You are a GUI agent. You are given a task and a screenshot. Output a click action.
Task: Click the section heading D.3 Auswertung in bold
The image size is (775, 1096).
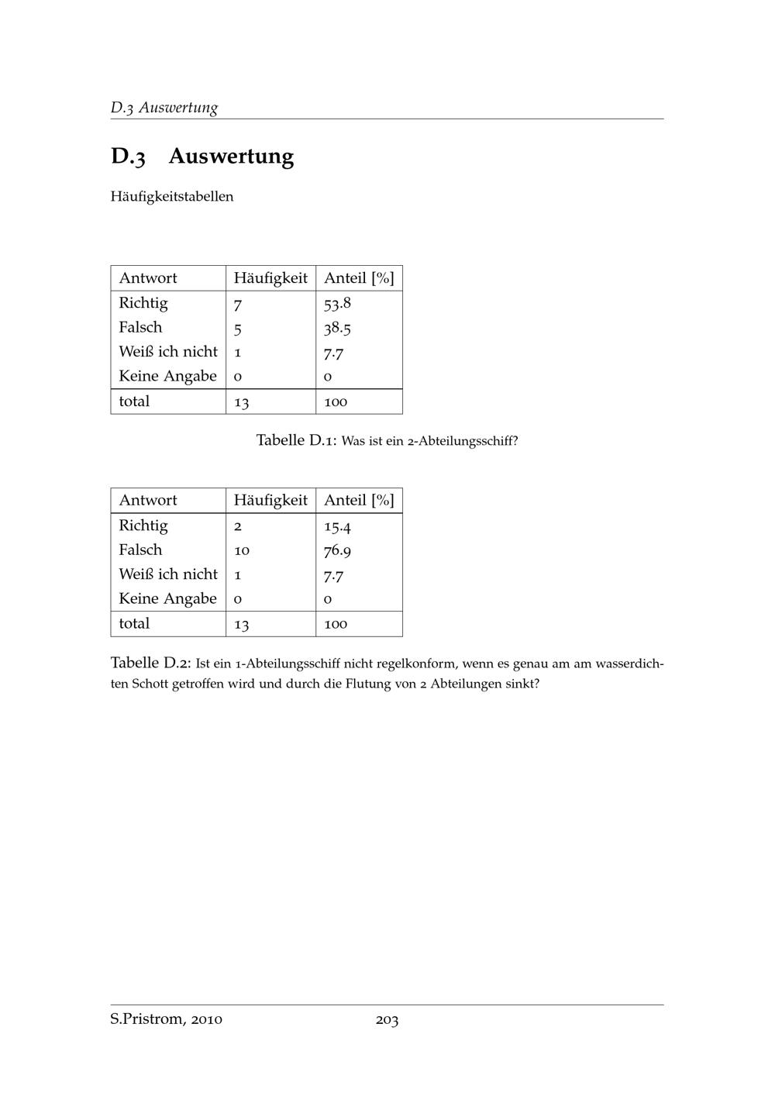pyautogui.click(x=202, y=157)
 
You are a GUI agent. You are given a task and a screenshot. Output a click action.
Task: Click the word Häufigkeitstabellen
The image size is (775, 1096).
pyautogui.click(x=171, y=197)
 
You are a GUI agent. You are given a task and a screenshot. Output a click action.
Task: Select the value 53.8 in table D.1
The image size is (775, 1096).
pyautogui.click(x=337, y=303)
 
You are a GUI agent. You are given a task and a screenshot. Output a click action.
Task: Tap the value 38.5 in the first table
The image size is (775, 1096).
pyautogui.click(x=337, y=328)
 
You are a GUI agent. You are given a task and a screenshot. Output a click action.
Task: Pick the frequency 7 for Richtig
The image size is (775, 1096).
pyautogui.click(x=238, y=304)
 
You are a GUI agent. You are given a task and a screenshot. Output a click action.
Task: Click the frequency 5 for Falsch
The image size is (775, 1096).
pyautogui.click(x=238, y=329)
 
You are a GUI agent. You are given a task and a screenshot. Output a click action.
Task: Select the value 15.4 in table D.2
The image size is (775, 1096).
pyautogui.click(x=337, y=526)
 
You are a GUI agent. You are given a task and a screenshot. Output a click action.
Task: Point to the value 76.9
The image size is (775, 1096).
pyautogui.click(x=337, y=551)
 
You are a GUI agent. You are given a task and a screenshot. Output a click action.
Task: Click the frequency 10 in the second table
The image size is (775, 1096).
pyautogui.click(x=241, y=550)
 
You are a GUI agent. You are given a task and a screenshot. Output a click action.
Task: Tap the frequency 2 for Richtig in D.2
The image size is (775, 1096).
pyautogui.click(x=238, y=526)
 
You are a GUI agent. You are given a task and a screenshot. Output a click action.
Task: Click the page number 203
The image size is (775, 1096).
pyautogui.click(x=387, y=1020)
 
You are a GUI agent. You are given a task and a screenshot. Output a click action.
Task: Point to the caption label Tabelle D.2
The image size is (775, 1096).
pyautogui.click(x=150, y=663)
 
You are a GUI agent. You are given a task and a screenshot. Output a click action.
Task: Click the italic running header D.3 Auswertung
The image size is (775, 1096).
pyautogui.click(x=164, y=108)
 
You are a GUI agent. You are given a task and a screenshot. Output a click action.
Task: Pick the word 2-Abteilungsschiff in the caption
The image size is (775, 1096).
pyautogui.click(x=462, y=442)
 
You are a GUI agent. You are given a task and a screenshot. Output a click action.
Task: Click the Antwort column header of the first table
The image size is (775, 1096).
pyautogui.click(x=148, y=278)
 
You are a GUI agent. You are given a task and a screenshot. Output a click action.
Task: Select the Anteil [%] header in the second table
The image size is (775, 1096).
pyautogui.click(x=359, y=501)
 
